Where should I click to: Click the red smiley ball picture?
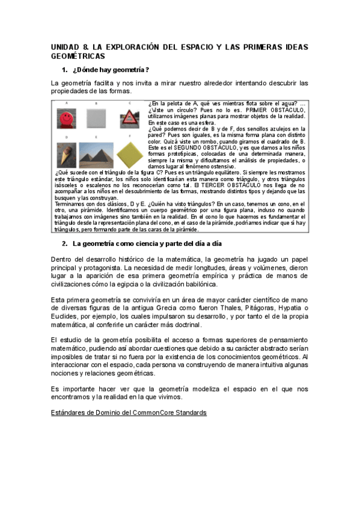pos(66,118)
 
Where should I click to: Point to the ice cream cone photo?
pos(66,155)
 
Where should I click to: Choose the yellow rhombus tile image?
pos(129,155)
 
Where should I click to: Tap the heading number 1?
pos(64,69)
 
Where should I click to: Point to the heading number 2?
pos(64,244)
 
